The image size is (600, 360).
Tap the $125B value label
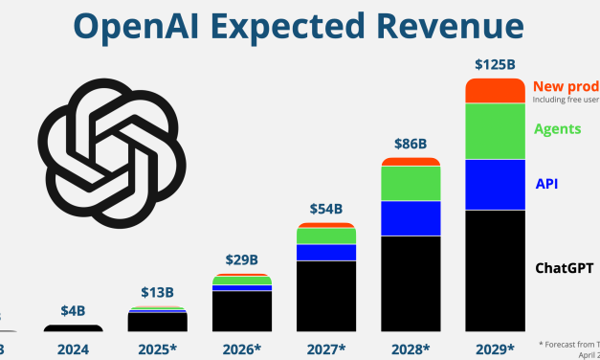point(494,64)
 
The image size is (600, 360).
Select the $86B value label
point(410,144)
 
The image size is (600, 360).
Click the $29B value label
point(241,260)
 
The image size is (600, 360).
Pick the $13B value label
point(157,294)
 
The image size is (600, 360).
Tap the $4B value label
point(73,310)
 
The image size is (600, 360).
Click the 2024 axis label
point(73,347)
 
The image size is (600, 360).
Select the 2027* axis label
point(326,347)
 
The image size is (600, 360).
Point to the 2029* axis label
point(495,347)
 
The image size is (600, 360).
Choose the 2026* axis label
point(242,347)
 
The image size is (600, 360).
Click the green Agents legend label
point(558,127)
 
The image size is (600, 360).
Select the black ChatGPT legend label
point(564,267)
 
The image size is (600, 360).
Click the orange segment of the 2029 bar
point(494,91)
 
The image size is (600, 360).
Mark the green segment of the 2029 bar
point(494,131)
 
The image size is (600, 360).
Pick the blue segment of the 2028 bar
point(410,218)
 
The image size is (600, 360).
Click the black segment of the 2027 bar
point(325,296)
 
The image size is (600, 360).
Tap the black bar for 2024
point(73,328)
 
